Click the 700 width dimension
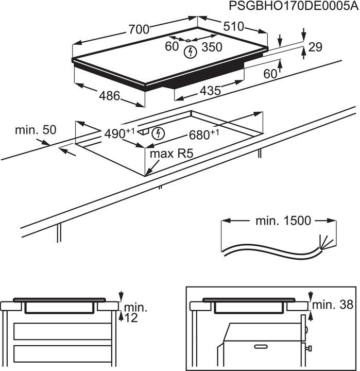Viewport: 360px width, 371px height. pos(139,29)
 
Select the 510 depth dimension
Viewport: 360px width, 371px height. pos(234,26)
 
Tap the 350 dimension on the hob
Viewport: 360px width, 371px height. pos(211,47)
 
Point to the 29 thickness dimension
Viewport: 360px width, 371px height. pos(315,47)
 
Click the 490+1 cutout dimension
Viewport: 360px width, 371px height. pos(119,134)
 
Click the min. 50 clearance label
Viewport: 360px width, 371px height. pos(35,130)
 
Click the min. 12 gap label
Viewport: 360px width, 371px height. pos(134,313)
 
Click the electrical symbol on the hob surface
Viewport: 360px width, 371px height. pos(191,51)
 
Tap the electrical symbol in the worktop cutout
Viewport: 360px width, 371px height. pos(160,133)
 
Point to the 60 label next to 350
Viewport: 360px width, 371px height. pos(172,47)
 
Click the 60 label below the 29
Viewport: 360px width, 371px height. pos(270,74)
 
